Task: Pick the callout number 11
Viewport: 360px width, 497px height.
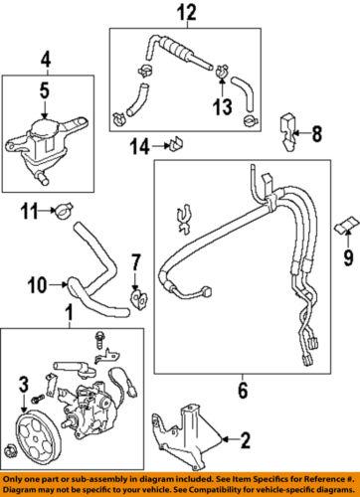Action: (x=28, y=210)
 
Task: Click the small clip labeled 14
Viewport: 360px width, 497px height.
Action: (x=175, y=148)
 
